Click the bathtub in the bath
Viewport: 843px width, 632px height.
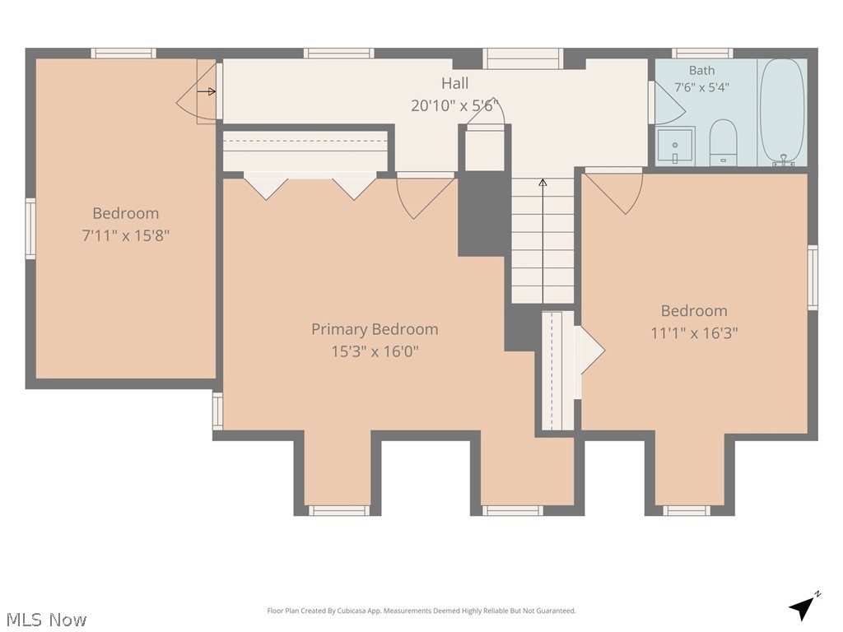[782, 112]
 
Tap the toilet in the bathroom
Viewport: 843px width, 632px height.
[723, 142]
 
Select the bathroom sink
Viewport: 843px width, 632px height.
[675, 146]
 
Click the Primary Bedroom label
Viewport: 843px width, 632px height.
[375, 329]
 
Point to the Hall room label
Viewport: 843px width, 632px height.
[454, 83]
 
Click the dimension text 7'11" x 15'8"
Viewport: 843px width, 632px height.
[126, 235]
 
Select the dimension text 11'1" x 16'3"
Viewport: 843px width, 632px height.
[694, 333]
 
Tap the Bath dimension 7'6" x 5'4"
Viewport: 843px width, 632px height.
[701, 87]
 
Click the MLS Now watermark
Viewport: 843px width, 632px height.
[46, 619]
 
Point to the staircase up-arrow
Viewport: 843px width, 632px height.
[543, 241]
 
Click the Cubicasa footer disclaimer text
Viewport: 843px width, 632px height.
[421, 611]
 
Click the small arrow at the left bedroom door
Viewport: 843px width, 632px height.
[207, 92]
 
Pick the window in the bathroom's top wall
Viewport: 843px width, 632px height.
[702, 53]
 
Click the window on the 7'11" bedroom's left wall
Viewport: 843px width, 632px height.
[30, 229]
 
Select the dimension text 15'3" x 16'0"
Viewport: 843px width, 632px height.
[375, 351]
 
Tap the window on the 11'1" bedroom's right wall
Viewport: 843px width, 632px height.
[813, 277]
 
